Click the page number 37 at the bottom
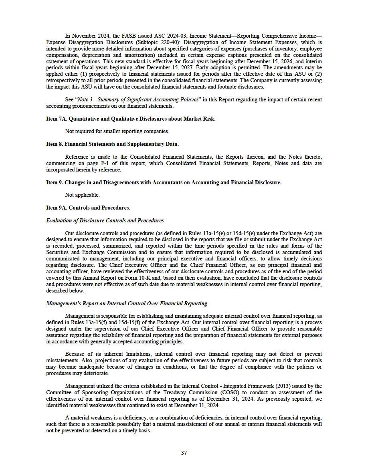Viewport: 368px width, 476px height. click(184, 453)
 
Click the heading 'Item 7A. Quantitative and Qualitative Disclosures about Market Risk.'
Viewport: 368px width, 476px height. click(131, 119)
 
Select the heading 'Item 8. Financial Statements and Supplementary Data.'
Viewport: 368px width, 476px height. click(112, 144)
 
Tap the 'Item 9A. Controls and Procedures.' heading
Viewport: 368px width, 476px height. click(88, 208)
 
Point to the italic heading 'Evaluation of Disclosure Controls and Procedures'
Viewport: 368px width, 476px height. click(105, 220)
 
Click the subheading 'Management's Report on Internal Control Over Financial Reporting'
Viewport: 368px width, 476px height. click(127, 303)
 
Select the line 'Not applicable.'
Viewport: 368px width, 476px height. click(82, 195)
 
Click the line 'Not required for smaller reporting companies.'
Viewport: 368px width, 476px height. click(117, 131)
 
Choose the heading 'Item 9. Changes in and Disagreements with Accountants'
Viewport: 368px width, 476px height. click(164, 182)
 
